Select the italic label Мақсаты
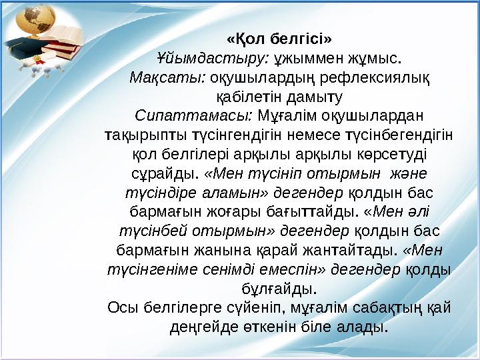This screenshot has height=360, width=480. (x=167, y=77)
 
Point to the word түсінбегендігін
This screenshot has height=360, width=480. (x=399, y=135)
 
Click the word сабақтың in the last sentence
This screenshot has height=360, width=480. (x=382, y=308)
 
